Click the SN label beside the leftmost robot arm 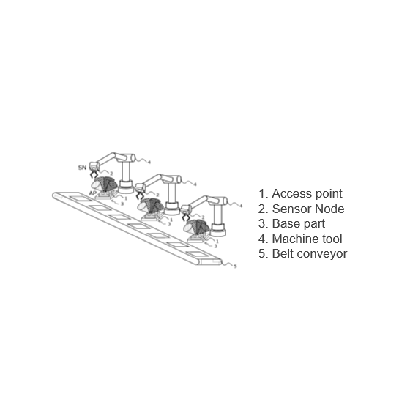(82, 168)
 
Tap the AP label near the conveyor (93, 193)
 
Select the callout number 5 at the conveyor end (235, 266)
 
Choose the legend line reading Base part (291, 223)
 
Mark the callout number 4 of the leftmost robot (149, 162)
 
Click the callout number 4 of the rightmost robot (241, 206)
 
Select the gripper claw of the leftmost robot (94, 174)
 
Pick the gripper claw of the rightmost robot (186, 217)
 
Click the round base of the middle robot (172, 209)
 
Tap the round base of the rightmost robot (218, 231)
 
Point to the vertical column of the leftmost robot (126, 170)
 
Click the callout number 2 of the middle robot (157, 195)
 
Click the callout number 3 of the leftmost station (122, 204)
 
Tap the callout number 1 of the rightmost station (217, 242)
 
